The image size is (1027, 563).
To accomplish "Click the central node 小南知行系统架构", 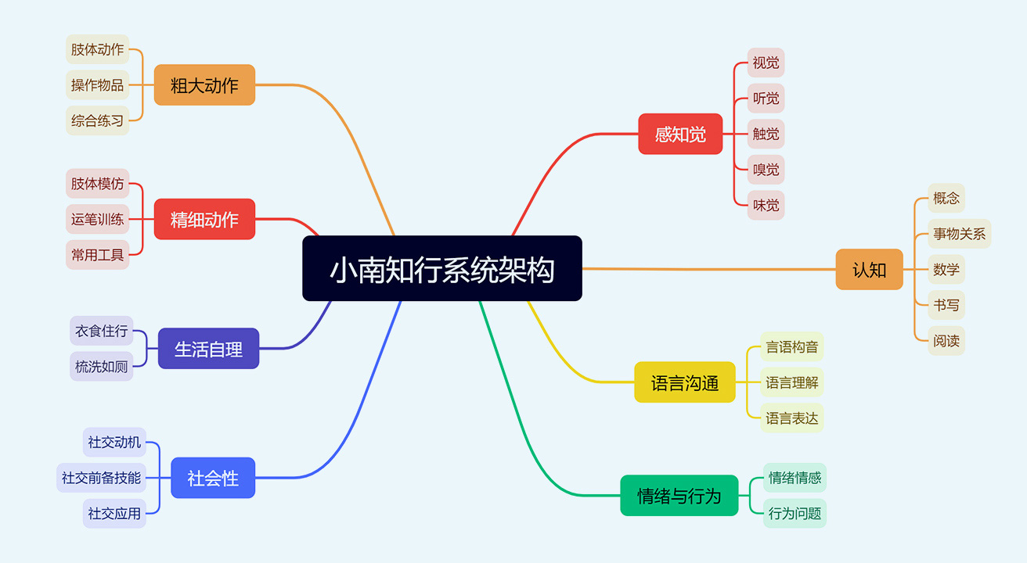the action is tap(442, 268).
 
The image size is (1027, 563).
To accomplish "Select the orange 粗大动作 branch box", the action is tap(204, 84).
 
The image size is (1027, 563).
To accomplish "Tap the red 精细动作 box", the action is tap(204, 219).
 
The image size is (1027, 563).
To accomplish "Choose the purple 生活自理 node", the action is tap(208, 348).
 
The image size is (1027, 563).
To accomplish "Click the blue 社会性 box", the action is tap(213, 478).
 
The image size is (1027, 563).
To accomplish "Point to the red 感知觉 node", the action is tap(680, 134).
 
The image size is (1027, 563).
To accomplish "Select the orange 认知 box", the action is tap(870, 269).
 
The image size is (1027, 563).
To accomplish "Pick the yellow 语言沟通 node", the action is tap(685, 382).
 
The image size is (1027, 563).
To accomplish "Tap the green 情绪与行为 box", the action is tap(679, 495).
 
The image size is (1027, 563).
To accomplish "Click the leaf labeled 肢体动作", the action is tap(98, 49).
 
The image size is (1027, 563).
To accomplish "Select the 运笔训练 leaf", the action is tap(98, 219).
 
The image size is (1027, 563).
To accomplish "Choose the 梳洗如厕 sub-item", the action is tap(101, 366).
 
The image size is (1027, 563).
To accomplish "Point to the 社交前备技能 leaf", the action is tap(101, 478).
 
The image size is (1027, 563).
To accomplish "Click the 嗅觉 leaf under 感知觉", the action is tap(766, 170).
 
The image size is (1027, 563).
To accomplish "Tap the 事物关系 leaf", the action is tap(960, 234).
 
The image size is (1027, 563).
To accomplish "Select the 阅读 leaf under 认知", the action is tap(946, 340).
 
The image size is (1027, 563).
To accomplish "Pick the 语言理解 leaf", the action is tap(792, 382).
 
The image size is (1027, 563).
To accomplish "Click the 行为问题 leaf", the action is tap(795, 513).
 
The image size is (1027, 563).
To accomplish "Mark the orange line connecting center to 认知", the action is tap(709, 269).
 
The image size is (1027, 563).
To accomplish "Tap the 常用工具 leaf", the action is tap(98, 255).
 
